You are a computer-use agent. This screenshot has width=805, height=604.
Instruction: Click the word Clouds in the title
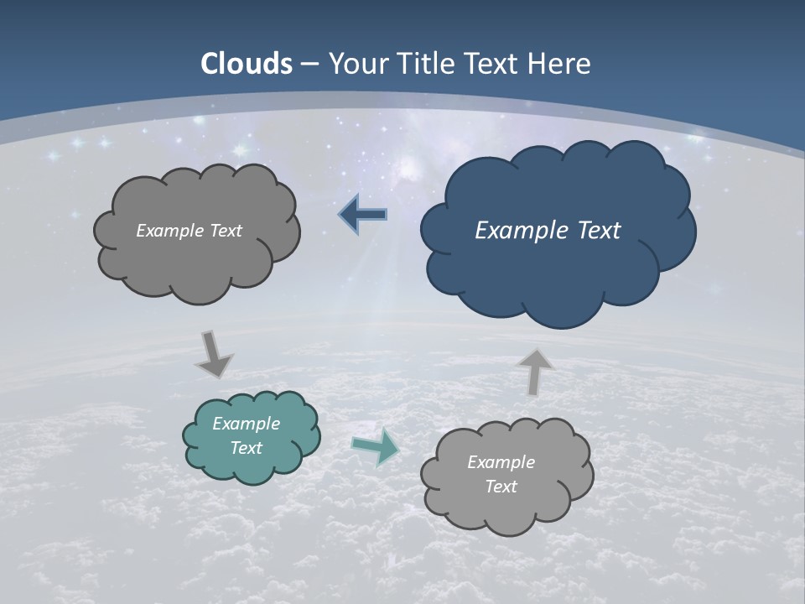(247, 64)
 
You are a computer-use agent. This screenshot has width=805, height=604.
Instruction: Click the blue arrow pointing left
(364, 215)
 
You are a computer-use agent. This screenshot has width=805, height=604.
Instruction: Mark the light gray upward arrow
(534, 371)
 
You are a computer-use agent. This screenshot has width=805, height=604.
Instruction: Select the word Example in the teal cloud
(246, 424)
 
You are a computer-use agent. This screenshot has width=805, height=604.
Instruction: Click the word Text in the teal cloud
(246, 448)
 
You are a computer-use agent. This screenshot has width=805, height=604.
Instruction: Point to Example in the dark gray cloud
(167, 230)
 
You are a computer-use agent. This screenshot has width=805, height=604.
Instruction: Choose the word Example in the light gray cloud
(501, 462)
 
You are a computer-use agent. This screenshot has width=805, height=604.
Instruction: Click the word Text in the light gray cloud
(501, 487)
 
